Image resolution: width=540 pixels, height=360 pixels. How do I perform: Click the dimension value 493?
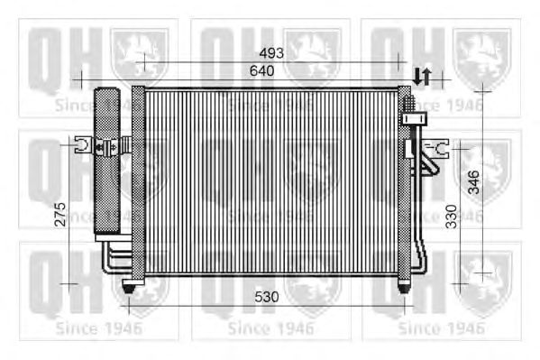(x=271, y=53)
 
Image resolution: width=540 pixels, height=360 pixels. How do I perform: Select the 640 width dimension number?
(x=262, y=70)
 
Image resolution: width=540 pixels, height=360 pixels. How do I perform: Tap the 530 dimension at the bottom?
(x=267, y=297)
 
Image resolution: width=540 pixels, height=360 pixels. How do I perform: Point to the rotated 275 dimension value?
(x=60, y=214)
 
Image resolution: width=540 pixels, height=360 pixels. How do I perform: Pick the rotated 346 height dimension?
(x=474, y=181)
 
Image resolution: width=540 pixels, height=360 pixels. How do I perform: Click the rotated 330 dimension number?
(x=451, y=217)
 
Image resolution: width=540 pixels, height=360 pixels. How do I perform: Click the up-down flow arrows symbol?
(x=422, y=76)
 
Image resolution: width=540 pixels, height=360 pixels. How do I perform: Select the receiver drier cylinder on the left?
(x=107, y=161)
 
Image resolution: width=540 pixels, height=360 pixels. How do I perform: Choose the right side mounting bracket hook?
(x=436, y=149)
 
